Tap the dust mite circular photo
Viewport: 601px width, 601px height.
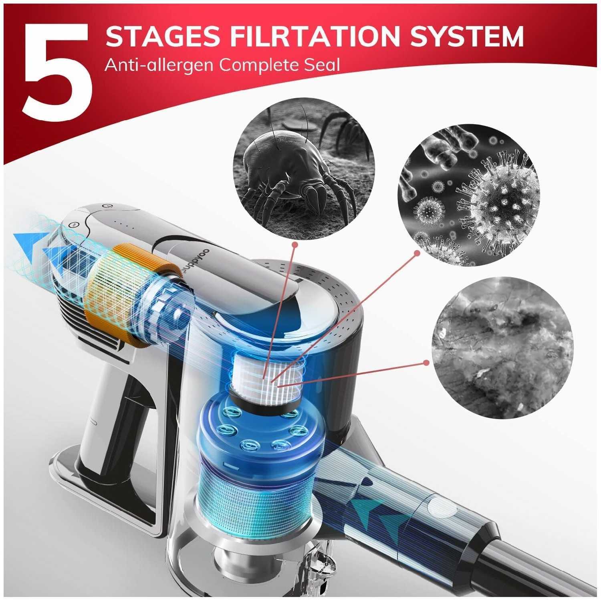tap(304, 168)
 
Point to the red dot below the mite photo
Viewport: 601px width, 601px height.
tap(295, 244)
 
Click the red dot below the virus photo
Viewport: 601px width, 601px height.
tap(417, 253)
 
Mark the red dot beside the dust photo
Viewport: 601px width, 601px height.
tap(426, 363)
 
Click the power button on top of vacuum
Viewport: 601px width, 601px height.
tap(105, 206)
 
